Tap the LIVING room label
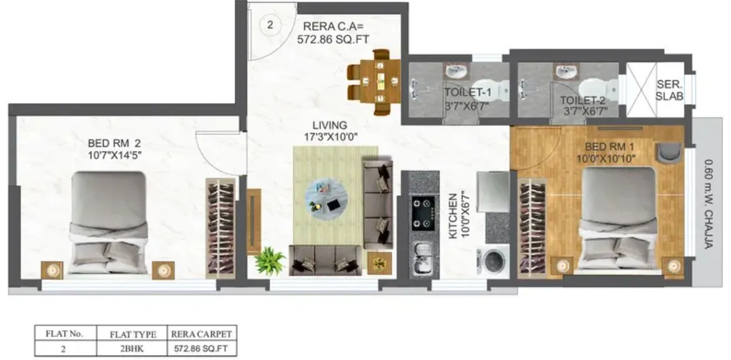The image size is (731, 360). coord(330,125)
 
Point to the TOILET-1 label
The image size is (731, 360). coord(468,93)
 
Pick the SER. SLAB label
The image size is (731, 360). coord(670,91)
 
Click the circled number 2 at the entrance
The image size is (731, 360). coord(270,26)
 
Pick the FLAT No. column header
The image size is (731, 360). coord(64,333)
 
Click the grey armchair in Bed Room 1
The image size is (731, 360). coord(669,152)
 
